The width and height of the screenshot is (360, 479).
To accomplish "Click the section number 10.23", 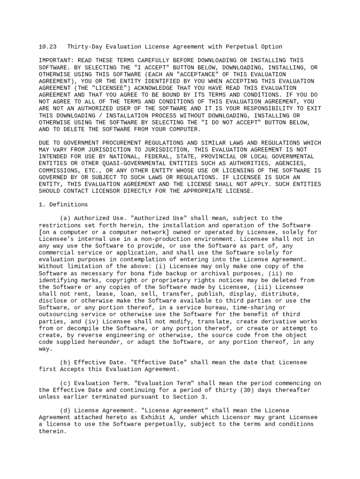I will [x=47, y=47].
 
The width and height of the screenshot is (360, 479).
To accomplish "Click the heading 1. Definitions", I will [x=63, y=204].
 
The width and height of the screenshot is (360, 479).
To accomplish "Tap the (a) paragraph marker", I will [x=65, y=218].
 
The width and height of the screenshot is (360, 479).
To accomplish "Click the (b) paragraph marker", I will [x=65, y=363].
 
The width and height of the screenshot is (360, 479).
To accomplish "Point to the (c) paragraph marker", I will [x=65, y=383].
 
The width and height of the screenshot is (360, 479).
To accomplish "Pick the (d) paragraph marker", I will [x=65, y=411].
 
